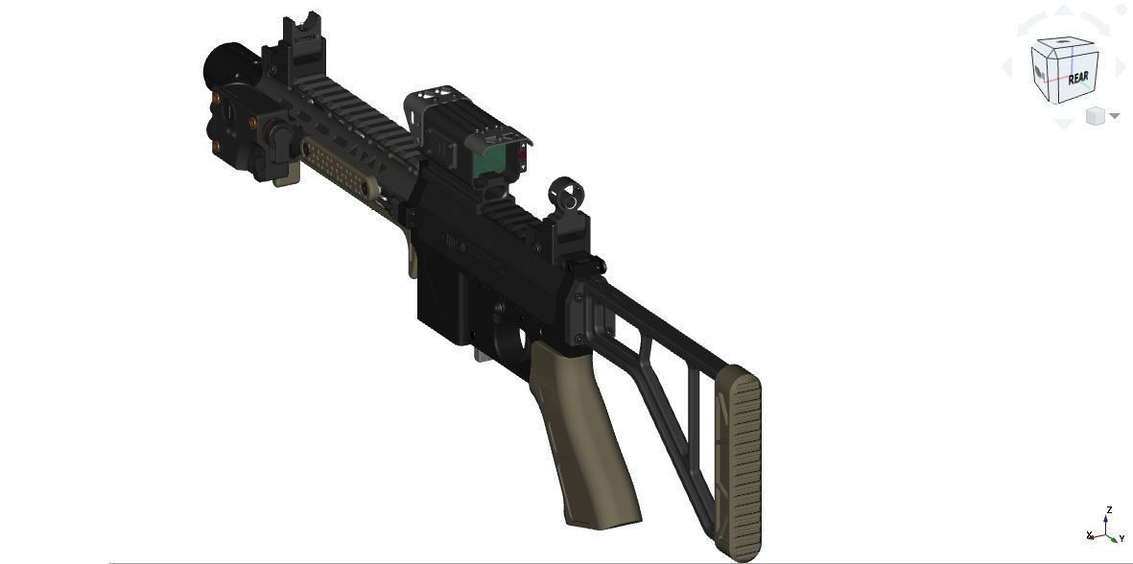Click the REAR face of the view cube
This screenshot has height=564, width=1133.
tap(1077, 77)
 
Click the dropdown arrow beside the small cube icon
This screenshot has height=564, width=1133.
tap(1115, 116)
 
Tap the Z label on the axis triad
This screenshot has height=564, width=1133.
tap(1109, 510)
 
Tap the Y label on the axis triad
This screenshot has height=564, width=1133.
tap(1121, 538)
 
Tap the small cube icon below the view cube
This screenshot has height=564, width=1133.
tap(1096, 116)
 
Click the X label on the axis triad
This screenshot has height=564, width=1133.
tap(1090, 534)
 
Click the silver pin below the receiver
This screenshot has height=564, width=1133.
tap(481, 356)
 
